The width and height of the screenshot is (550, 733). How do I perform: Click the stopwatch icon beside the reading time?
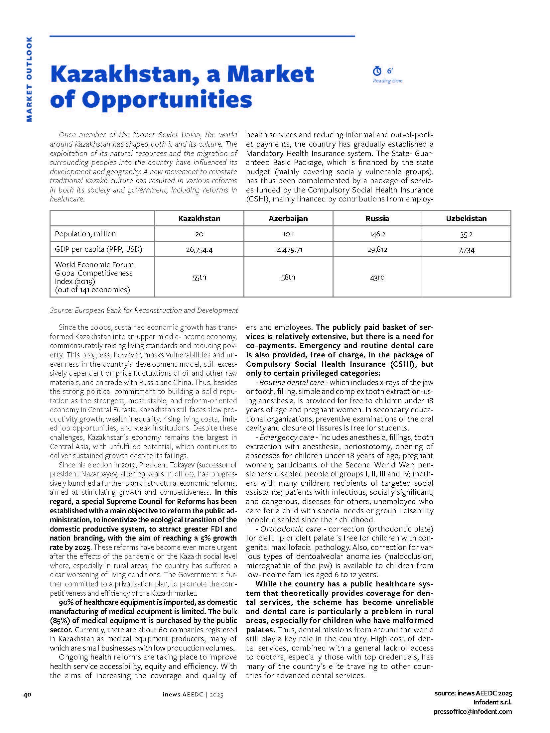pos(377,71)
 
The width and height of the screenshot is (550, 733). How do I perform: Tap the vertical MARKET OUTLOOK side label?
pos(29,79)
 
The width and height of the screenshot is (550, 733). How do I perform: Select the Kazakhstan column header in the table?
pos(199,218)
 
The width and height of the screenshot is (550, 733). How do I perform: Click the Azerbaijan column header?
pos(288,218)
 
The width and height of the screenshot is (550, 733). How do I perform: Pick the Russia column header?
pos(377,218)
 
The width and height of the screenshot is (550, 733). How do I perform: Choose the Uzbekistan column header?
pos(466,218)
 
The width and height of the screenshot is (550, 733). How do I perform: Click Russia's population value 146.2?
pos(377,234)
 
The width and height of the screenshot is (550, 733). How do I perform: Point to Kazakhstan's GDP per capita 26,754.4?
pos(199,250)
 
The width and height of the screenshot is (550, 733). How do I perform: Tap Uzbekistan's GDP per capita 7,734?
pos(466,250)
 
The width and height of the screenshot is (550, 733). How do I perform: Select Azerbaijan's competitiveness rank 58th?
pos(288,277)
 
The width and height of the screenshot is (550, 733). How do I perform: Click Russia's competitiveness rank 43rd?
pos(377,277)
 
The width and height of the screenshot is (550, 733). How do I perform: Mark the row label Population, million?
pos(85,234)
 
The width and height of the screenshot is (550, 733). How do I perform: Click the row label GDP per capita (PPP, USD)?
pos(98,249)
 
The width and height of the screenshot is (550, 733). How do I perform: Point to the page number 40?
pos(27,694)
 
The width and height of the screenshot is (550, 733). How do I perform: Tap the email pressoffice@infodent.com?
pos(473,712)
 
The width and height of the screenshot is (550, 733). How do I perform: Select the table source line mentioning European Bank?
pos(144,310)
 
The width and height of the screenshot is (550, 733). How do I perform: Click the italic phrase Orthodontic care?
pos(290,529)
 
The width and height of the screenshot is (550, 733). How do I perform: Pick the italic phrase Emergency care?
pos(287,437)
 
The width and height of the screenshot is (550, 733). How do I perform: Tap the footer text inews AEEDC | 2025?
pos(193,694)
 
